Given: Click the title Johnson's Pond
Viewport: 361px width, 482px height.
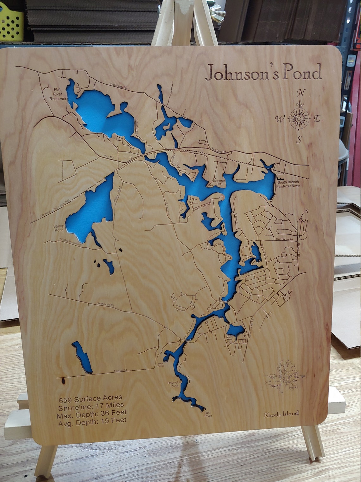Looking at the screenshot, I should point(263,73).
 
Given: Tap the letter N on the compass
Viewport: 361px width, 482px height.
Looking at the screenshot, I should point(301,93).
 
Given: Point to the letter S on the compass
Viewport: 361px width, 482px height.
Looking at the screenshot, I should point(299,140).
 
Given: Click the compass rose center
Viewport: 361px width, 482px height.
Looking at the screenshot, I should point(299,118).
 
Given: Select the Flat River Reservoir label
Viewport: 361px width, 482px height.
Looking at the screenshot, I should point(58,94).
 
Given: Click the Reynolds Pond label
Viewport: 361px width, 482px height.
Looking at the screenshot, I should point(174,384).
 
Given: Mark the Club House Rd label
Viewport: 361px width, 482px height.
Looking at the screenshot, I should point(284,239).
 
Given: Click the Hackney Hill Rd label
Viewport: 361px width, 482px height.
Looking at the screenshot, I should point(105,305).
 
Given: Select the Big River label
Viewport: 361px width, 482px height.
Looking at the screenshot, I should point(208,414).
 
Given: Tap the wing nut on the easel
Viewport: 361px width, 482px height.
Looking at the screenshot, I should point(218,12).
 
